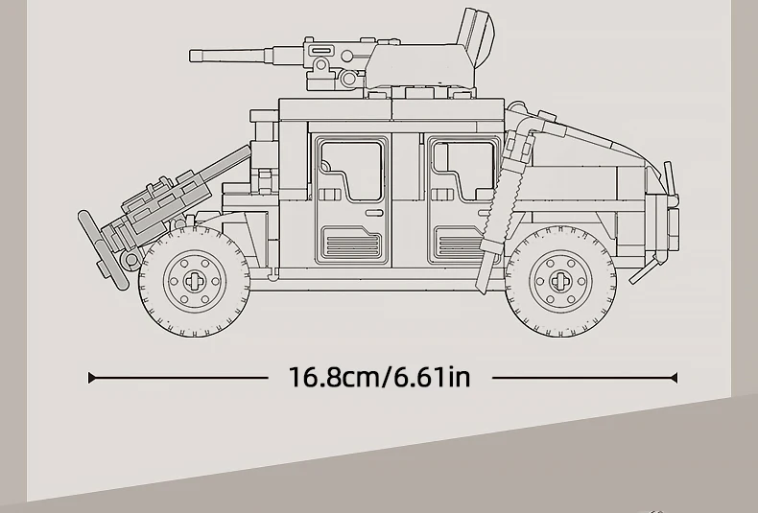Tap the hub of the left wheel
point(194,280)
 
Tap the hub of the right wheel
point(560,280)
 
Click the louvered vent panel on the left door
point(351,244)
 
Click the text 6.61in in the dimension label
point(432,377)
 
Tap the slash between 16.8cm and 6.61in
point(388,377)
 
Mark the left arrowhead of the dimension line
point(92,378)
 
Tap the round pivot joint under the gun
point(320,65)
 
